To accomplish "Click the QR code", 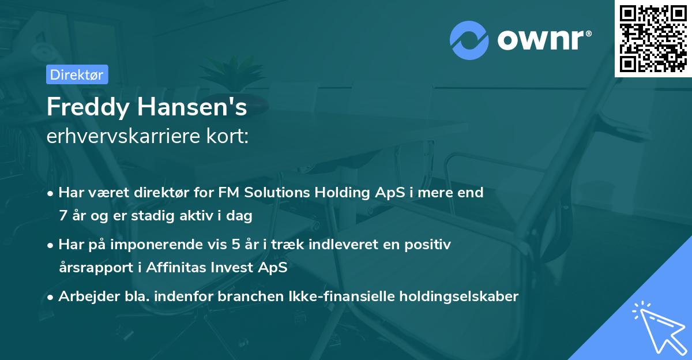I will coord(653,39).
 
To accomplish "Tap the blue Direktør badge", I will coord(77,74).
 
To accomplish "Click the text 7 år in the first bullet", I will coord(73,216).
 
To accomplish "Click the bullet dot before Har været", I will coord(51,193).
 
